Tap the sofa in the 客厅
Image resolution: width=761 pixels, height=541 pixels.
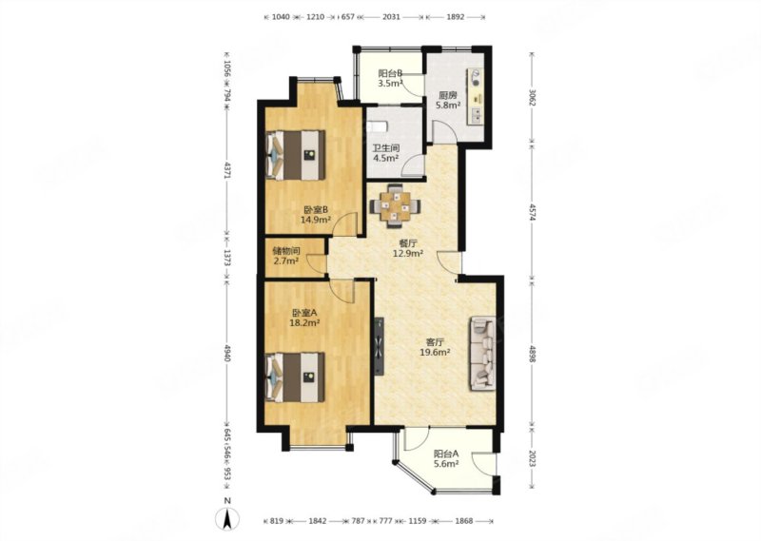pyautogui.click(x=482, y=354)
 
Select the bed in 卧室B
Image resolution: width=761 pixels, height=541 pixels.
pyautogui.click(x=296, y=155)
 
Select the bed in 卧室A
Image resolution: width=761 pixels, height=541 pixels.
pyautogui.click(x=296, y=377)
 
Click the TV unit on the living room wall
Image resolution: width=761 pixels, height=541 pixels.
pyautogui.click(x=379, y=346)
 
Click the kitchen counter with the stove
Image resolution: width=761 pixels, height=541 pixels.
pyautogui.click(x=475, y=97)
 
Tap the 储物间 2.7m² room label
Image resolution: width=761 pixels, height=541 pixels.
pyautogui.click(x=286, y=256)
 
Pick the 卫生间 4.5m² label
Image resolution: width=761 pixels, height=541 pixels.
pyautogui.click(x=386, y=153)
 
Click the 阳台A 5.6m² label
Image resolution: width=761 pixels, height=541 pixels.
pyautogui.click(x=446, y=459)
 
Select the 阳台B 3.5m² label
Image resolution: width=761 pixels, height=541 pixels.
pyautogui.click(x=391, y=78)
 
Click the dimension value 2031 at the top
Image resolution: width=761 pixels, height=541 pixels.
pyautogui.click(x=391, y=17)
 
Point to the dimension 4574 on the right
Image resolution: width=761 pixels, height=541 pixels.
pyautogui.click(x=532, y=212)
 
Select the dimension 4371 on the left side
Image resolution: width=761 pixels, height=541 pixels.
pyautogui.click(x=227, y=170)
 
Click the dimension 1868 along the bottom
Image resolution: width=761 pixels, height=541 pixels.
pyautogui.click(x=464, y=521)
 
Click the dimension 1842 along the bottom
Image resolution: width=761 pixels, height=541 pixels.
pyautogui.click(x=318, y=521)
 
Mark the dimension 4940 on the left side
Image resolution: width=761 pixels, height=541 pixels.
pyautogui.click(x=227, y=351)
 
